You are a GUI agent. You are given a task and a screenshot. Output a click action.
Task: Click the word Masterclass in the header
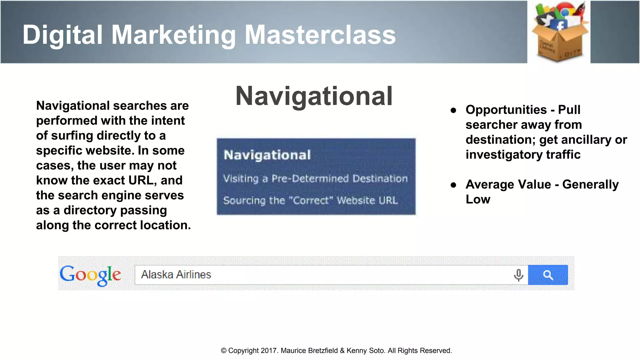[x=320, y=35]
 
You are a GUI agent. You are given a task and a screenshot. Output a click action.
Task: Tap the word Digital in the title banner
[x=62, y=35]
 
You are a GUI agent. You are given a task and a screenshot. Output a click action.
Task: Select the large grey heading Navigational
[x=314, y=96]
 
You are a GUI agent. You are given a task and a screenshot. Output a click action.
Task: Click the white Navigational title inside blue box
[x=267, y=155]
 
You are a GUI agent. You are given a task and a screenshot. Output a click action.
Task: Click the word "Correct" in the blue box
[x=311, y=200]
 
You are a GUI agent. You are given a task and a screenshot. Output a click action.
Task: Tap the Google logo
[x=90, y=275]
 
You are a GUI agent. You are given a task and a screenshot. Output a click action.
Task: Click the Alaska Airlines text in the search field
[x=176, y=274]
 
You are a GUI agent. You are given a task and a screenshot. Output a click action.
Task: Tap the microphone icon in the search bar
[x=518, y=275]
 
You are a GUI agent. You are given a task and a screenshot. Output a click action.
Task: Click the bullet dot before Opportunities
[x=453, y=110]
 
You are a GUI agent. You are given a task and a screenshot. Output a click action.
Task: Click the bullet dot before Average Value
[x=453, y=185]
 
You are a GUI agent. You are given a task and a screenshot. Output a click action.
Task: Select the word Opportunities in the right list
[x=506, y=110]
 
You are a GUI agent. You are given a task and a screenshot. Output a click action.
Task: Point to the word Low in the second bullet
[x=478, y=199]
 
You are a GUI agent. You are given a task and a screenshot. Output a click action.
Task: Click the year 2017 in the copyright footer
[x=269, y=351]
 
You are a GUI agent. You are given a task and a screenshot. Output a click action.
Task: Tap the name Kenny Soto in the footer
[x=366, y=351]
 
